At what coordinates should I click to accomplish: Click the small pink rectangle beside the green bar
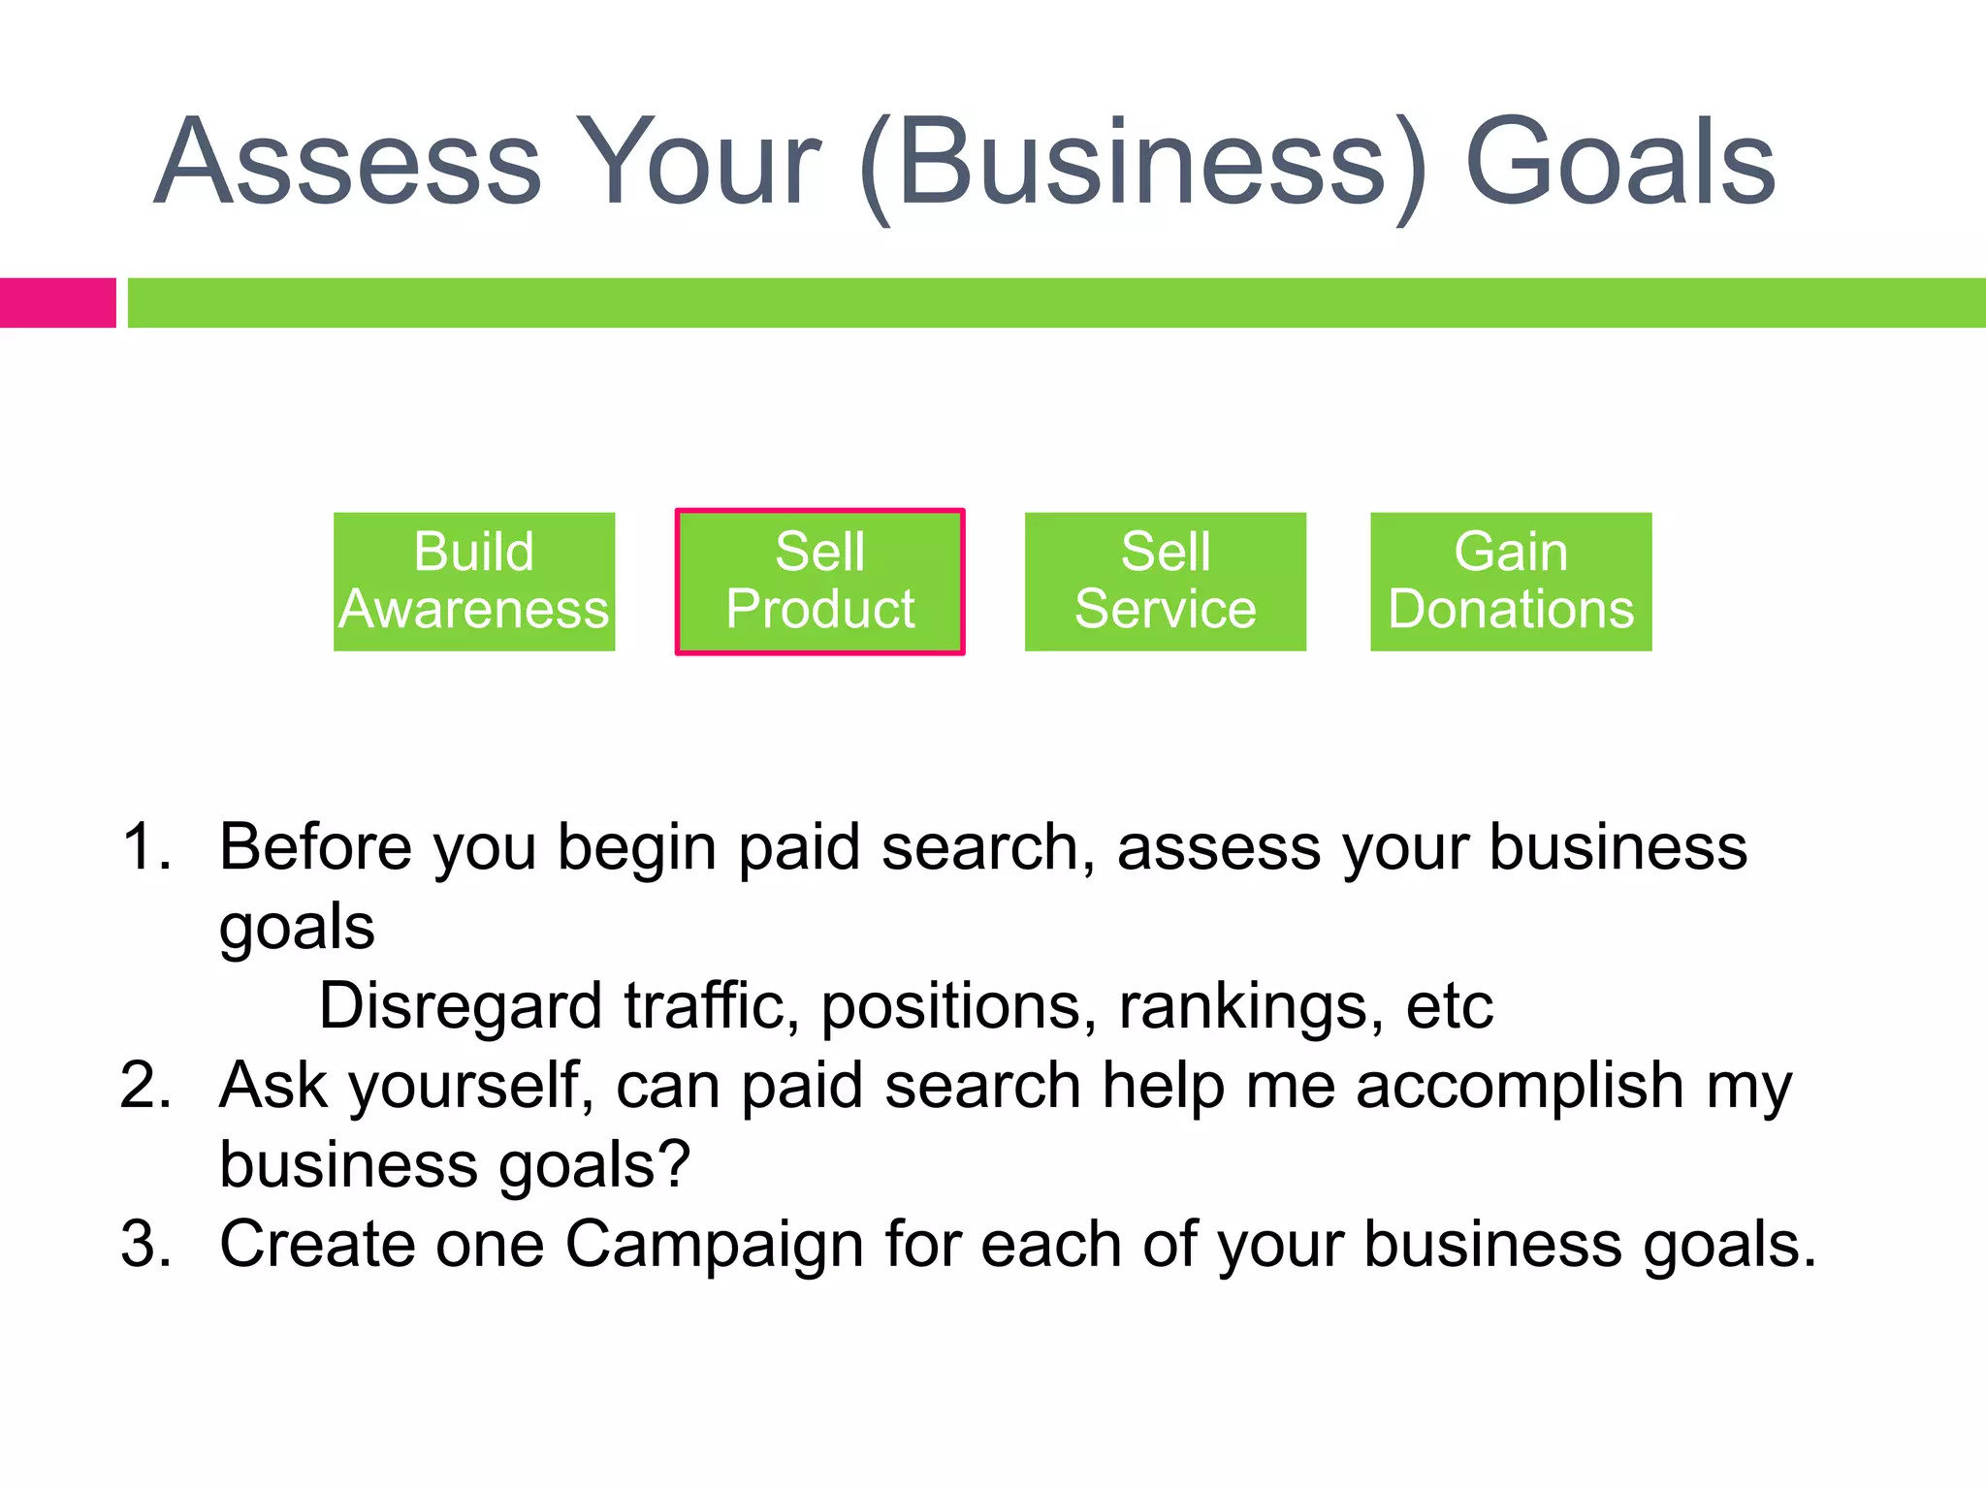point(57,302)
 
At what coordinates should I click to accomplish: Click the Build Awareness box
point(474,582)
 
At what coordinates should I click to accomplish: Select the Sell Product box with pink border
point(819,582)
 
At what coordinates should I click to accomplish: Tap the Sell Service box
point(1165,582)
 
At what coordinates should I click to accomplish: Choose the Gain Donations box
point(1510,582)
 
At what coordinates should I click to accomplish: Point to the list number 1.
point(145,847)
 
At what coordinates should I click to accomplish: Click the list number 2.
point(145,1085)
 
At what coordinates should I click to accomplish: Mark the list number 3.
point(145,1244)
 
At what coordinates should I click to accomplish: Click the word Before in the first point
point(315,847)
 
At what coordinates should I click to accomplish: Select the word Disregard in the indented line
point(460,1006)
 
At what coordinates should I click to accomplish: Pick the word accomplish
point(1519,1085)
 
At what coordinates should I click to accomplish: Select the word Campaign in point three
point(714,1244)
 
